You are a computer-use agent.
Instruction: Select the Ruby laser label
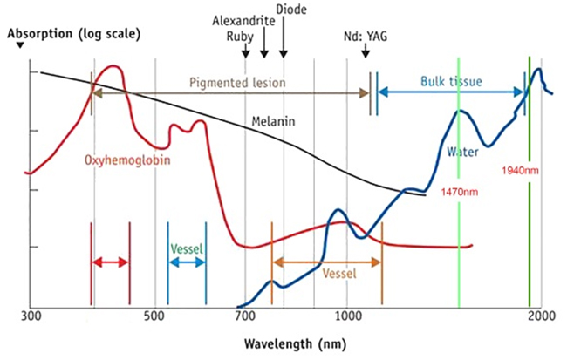[240, 37]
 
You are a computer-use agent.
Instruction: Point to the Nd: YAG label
[363, 37]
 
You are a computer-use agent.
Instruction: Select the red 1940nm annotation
[522, 171]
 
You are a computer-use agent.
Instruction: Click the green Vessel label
[187, 248]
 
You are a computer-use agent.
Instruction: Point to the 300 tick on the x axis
[31, 316]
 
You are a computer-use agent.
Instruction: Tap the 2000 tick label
[541, 316]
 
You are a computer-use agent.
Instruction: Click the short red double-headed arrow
[110, 262]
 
